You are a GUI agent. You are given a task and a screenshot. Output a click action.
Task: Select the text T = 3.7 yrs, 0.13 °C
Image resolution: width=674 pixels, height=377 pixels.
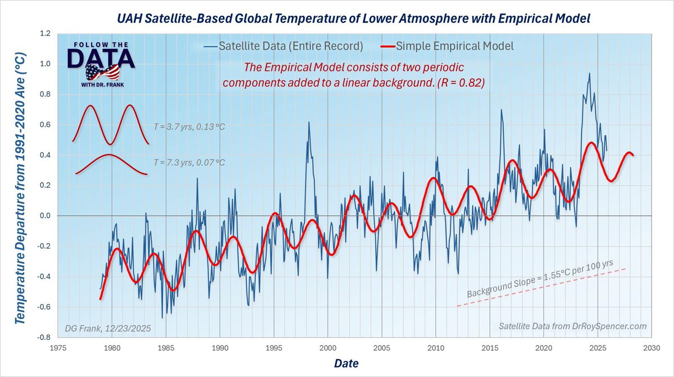pos(189,127)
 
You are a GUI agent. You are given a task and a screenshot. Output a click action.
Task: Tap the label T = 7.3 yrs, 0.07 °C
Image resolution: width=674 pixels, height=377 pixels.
pos(189,163)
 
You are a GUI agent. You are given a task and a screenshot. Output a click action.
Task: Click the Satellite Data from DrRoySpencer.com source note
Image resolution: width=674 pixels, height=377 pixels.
pos(572,326)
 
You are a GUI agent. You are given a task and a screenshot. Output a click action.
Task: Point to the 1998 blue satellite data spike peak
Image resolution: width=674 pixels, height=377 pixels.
pos(308,122)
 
